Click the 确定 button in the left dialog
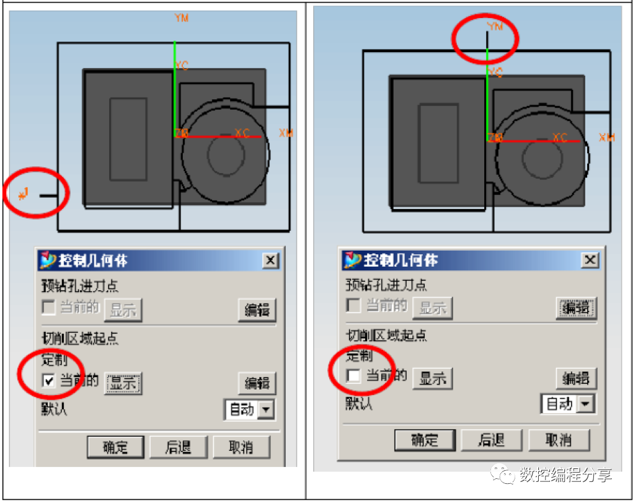point(115,447)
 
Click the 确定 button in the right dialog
point(425,440)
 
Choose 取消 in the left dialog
point(241,447)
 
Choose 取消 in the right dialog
point(558,440)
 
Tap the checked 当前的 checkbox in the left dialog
point(48,381)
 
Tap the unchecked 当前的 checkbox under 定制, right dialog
point(353,376)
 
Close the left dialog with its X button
point(270,261)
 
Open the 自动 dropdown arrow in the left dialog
point(266,409)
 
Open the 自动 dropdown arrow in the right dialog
point(585,404)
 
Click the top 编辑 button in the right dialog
point(575,308)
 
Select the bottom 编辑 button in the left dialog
point(257,383)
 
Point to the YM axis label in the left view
point(182,18)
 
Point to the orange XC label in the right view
point(559,138)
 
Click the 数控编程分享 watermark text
point(565,475)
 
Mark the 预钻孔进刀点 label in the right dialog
point(386,285)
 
